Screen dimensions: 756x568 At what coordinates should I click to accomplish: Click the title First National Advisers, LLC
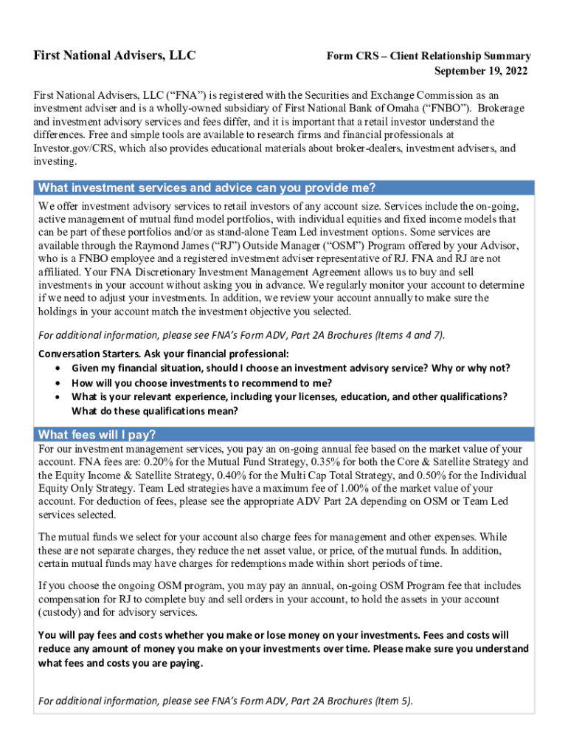[117, 55]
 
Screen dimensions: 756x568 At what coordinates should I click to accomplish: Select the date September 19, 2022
[481, 71]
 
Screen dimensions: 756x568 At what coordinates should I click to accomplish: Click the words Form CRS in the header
[351, 56]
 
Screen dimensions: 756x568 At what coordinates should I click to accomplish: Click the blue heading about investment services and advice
[207, 187]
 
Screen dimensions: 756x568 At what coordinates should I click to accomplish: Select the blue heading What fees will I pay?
[97, 433]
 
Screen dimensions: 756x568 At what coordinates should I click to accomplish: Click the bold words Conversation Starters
[89, 353]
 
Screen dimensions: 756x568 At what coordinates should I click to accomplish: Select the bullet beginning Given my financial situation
[291, 368]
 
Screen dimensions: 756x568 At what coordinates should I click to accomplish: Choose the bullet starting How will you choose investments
[201, 382]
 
